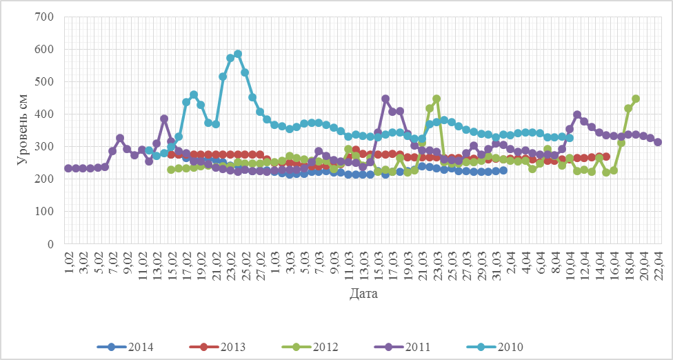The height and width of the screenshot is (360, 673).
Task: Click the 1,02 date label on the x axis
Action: coord(69,261)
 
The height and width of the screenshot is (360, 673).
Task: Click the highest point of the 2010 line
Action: coord(238,54)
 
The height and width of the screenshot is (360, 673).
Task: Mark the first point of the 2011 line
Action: coord(68,168)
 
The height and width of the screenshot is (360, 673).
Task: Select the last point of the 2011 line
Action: coord(658,142)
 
